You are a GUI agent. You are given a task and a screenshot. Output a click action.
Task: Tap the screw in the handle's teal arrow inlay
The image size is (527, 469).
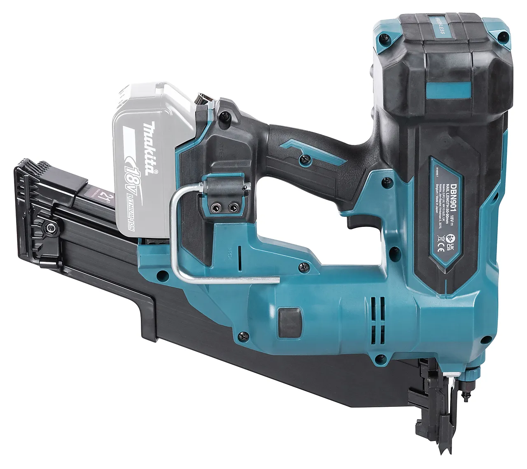point(306,157)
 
